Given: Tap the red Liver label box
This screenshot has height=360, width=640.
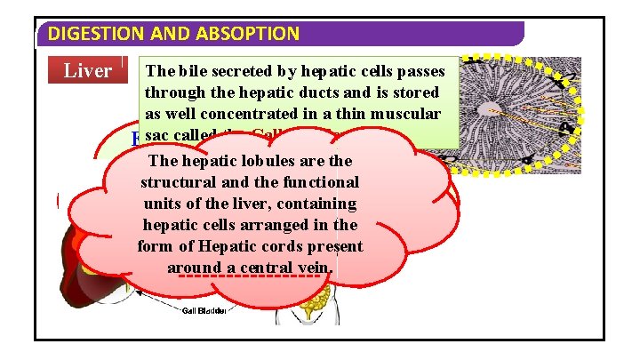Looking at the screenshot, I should pyautogui.click(x=87, y=70).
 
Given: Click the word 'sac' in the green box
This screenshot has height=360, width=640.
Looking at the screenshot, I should pyautogui.click(x=156, y=135).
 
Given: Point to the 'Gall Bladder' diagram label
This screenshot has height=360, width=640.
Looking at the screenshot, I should pyautogui.click(x=206, y=311).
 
